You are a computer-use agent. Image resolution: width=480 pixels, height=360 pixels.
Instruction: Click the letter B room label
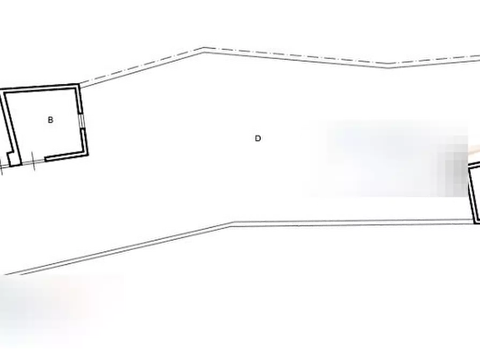click(51, 120)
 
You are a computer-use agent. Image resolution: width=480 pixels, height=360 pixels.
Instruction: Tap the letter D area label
click(258, 139)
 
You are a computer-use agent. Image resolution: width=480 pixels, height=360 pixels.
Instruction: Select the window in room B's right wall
click(82, 120)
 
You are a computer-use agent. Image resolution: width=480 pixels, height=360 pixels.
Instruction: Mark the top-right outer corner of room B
click(80, 84)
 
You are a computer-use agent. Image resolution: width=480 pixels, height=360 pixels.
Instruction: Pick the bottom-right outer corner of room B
click(88, 155)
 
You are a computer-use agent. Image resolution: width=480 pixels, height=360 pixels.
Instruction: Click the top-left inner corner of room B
click(5, 93)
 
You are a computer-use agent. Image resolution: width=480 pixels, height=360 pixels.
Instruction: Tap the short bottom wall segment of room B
click(66, 156)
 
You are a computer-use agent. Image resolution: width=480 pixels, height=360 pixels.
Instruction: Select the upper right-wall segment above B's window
click(80, 98)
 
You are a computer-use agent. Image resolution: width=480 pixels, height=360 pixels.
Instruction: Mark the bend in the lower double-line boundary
click(233, 223)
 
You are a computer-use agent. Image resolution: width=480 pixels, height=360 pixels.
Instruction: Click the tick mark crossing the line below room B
click(33, 161)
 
